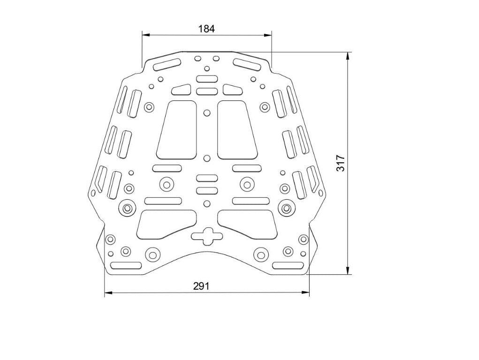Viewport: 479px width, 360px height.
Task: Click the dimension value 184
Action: point(206,29)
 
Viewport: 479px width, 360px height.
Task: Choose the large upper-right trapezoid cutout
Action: point(236,129)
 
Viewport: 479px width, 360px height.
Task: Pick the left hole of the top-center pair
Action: point(198,59)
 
